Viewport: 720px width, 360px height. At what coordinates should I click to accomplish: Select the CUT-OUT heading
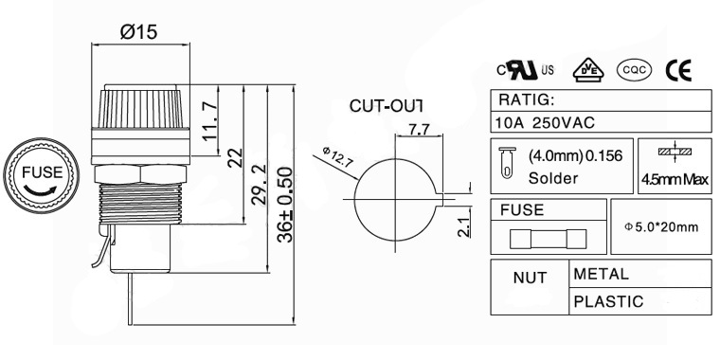387,104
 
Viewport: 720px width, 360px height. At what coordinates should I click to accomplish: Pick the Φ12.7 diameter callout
337,157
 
